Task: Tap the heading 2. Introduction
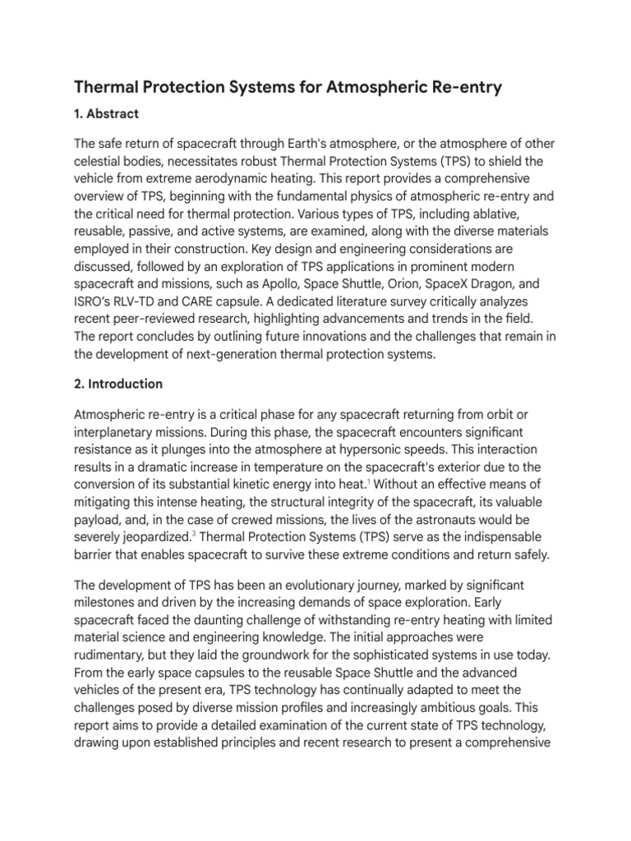[x=118, y=384]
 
